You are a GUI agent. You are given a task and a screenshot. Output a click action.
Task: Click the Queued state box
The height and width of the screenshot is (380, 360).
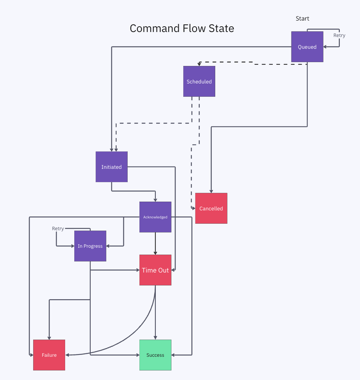307,46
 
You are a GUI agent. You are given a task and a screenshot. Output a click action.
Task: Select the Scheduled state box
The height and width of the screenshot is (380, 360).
199,81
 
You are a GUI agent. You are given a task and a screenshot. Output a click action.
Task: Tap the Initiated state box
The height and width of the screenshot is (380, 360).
111,167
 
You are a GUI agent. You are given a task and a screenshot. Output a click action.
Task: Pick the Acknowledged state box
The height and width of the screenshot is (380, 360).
155,217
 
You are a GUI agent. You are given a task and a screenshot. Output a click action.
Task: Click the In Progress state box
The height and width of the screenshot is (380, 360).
90,246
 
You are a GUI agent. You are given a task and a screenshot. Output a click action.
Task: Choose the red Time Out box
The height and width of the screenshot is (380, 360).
155,270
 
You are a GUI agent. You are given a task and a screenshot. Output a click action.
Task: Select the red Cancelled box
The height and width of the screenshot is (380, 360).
211,208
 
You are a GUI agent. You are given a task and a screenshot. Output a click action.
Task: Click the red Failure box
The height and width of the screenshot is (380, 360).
49,355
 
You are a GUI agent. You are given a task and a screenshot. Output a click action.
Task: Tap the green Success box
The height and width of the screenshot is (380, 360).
155,355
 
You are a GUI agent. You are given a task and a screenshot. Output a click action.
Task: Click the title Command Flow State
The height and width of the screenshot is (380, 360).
182,29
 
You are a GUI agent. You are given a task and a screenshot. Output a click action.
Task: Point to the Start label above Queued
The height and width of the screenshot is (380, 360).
302,19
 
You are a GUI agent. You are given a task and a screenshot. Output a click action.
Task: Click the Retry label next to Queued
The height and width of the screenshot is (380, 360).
339,35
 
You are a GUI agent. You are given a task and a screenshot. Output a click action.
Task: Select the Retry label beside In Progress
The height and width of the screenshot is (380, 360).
58,228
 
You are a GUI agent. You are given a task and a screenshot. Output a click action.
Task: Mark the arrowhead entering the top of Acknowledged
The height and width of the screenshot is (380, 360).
155,199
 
